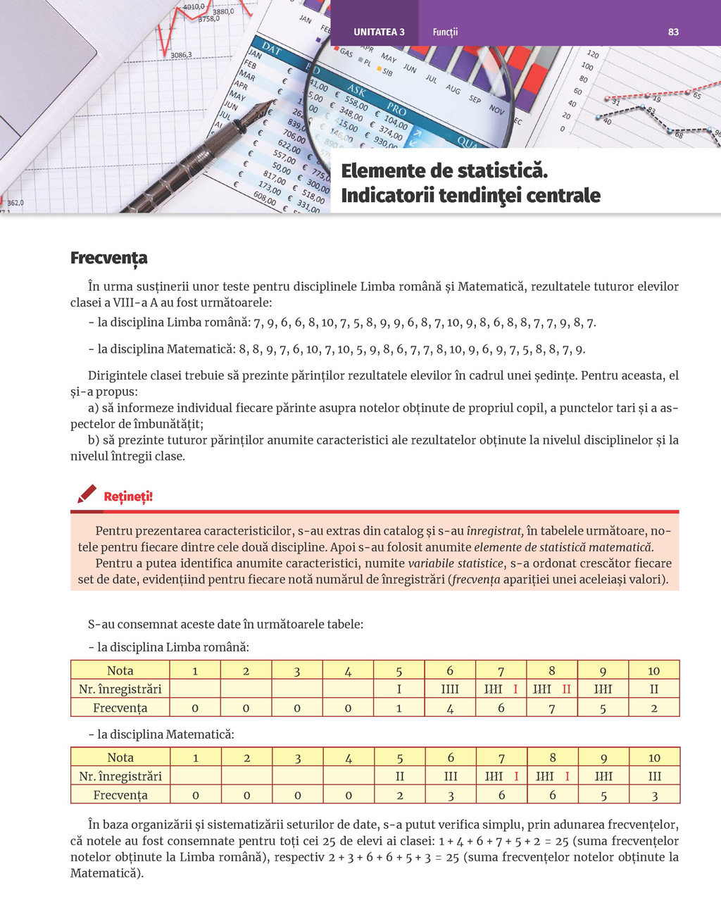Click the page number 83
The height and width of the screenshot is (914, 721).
(x=673, y=32)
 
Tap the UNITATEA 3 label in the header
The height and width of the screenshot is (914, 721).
(x=379, y=32)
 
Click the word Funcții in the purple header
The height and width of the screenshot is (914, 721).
(x=445, y=32)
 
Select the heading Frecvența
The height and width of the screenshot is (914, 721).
(x=109, y=258)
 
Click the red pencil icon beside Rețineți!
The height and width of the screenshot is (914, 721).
(x=87, y=494)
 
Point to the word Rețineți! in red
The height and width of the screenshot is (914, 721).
(x=128, y=496)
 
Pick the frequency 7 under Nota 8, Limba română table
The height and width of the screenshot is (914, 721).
(x=552, y=708)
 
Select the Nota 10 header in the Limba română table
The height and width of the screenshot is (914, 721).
(x=654, y=670)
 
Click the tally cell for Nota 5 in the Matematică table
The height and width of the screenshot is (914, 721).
(x=399, y=776)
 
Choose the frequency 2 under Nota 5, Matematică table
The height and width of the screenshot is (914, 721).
(x=399, y=795)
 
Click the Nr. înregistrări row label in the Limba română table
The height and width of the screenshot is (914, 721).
(x=120, y=689)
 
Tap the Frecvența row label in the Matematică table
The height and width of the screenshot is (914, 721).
(x=120, y=795)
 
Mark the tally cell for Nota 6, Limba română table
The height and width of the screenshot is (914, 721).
(x=450, y=689)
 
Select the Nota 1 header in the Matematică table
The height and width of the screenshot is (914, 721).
(x=196, y=758)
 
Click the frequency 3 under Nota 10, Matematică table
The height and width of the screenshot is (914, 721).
(x=655, y=795)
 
